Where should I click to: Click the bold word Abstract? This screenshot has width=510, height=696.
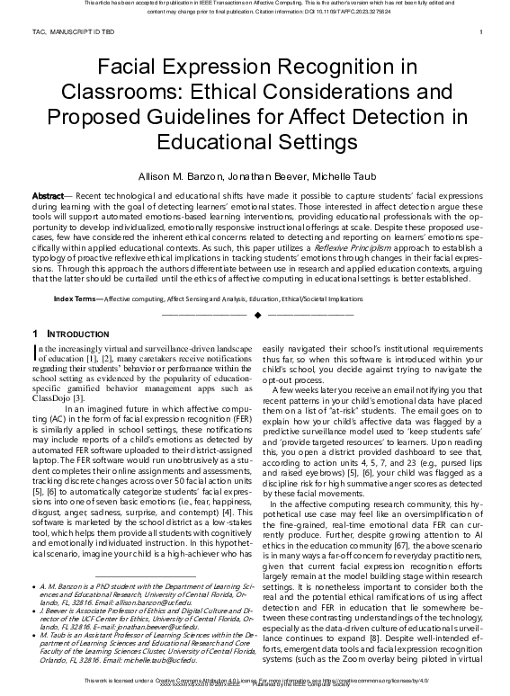click(48, 195)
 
